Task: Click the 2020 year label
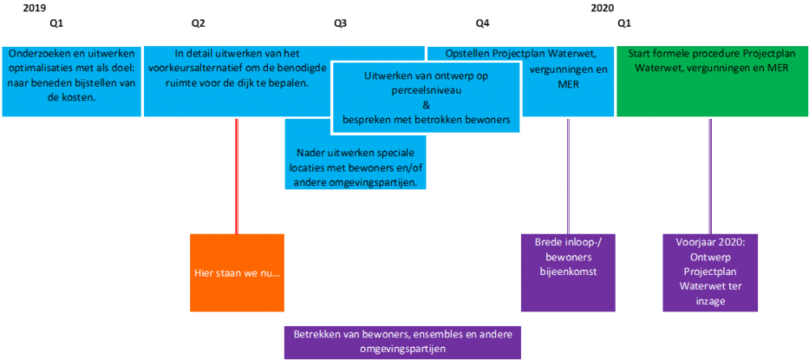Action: [x=602, y=8]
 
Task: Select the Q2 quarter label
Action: [x=198, y=23]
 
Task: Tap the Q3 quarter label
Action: [x=340, y=23]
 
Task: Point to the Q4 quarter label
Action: [x=482, y=23]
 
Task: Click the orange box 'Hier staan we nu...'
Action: [x=237, y=273]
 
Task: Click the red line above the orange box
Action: [x=237, y=176]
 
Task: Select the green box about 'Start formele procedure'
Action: [x=712, y=82]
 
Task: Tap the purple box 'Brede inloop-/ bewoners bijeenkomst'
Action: [x=569, y=273]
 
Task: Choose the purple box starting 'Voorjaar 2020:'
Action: [x=710, y=273]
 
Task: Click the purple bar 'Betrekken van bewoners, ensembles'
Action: [x=402, y=342]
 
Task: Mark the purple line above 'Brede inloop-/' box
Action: [x=568, y=176]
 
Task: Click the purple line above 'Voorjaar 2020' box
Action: [x=710, y=176]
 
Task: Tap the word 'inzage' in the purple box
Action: [x=710, y=301]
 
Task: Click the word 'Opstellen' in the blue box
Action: [x=468, y=53]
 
